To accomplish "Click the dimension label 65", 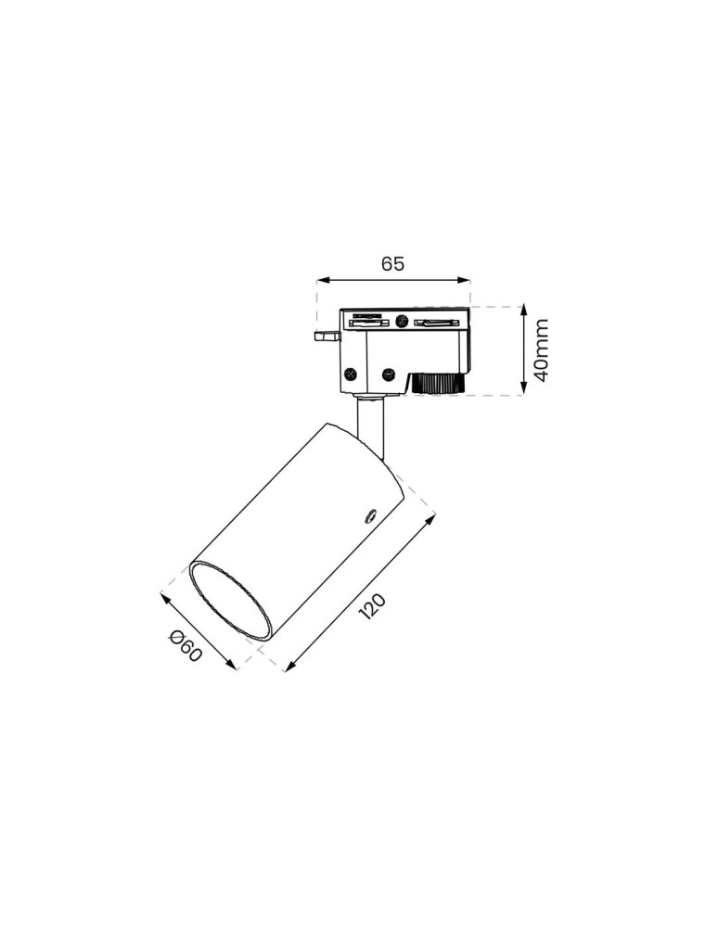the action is click(392, 263).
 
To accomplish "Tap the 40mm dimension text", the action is click(541, 350).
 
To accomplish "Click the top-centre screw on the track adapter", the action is click(401, 321).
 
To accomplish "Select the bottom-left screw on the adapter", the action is click(351, 374).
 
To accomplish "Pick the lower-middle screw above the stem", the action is click(388, 374).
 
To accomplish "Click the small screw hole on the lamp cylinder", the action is click(370, 515).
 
